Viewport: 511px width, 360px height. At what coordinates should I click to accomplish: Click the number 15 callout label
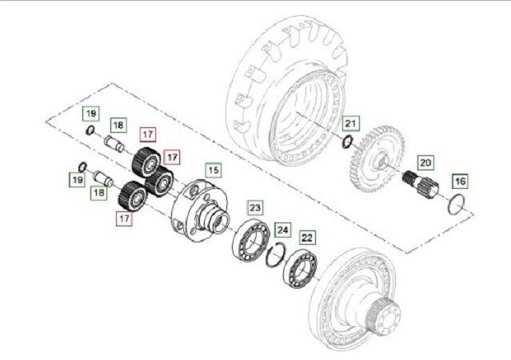(x=214, y=170)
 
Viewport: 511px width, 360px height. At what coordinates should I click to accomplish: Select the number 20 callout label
(x=425, y=162)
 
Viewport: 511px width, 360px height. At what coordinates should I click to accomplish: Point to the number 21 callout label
(x=350, y=123)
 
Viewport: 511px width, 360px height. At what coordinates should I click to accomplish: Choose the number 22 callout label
(x=308, y=236)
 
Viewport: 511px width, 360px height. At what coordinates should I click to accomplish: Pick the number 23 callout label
(x=254, y=207)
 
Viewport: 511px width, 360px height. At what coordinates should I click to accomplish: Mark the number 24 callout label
(x=282, y=230)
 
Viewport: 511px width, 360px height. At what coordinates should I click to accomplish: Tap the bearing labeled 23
(x=251, y=241)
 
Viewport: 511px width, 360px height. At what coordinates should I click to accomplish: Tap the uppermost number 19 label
(x=91, y=113)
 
